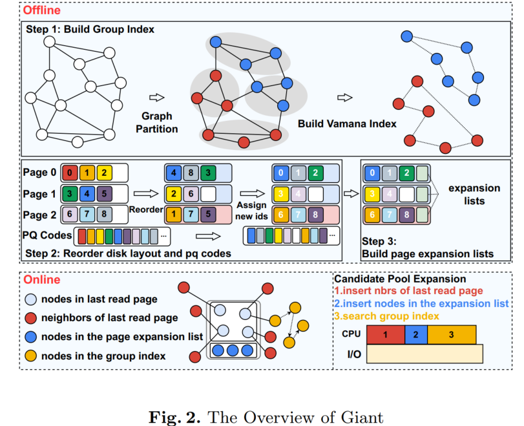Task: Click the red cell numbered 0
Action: click(70, 173)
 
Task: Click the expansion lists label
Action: click(474, 194)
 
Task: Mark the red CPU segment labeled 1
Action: click(385, 335)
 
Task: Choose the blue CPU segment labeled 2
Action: click(415, 335)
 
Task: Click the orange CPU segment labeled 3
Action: click(451, 335)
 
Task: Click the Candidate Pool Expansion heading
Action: click(399, 279)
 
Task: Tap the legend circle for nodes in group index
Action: click(32, 356)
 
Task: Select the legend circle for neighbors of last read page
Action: click(32, 317)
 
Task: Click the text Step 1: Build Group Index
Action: click(90, 30)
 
